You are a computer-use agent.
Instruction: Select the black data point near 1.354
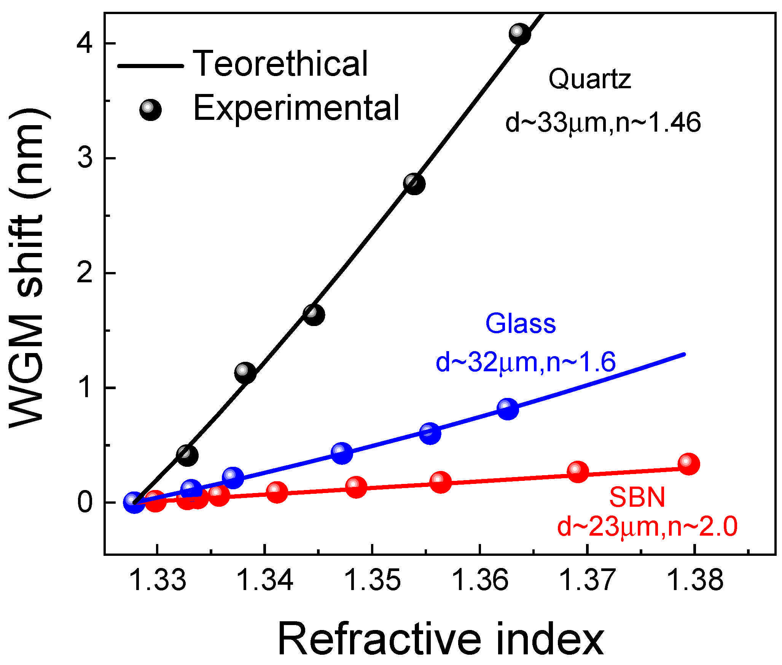414,184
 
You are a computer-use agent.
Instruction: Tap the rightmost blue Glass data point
508,409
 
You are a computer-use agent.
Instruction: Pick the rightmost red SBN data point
688,464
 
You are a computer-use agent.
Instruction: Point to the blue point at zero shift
134,502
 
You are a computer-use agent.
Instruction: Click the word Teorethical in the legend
280,64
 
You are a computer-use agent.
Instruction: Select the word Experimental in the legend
296,108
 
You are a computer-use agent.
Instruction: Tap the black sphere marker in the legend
151,110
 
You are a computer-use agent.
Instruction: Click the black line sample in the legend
151,66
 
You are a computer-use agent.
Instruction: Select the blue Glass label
520,324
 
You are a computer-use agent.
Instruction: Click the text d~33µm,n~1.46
603,123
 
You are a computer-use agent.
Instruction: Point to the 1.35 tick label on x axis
372,581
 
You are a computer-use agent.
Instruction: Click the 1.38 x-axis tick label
695,581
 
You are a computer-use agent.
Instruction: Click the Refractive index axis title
441,640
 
